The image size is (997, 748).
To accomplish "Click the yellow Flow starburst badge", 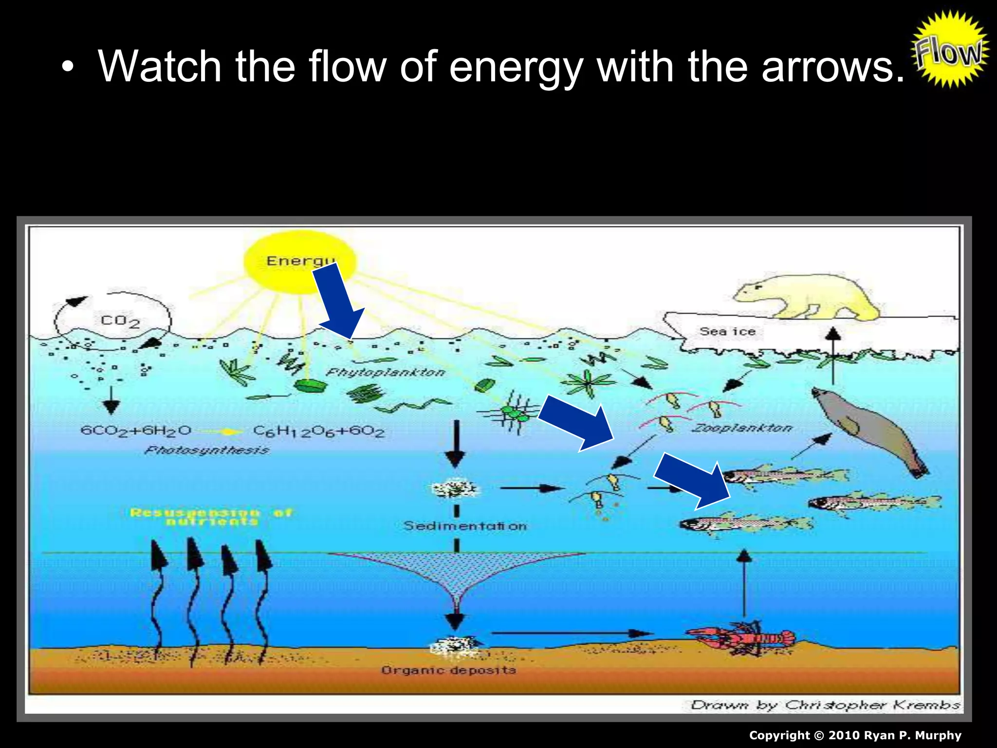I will click(x=950, y=50).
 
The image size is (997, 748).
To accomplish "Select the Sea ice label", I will click(x=727, y=332).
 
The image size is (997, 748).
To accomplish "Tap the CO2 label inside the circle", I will click(x=120, y=321).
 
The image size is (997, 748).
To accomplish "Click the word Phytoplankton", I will click(x=385, y=373).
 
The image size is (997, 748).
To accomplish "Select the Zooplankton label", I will click(x=742, y=428).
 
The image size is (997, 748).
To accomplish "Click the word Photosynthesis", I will click(x=206, y=450).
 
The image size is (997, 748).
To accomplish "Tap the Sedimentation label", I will click(x=465, y=526).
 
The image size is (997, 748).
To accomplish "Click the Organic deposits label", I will click(x=448, y=670).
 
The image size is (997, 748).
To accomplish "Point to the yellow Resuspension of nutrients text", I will click(x=211, y=517).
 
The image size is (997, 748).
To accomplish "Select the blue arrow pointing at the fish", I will click(x=692, y=480).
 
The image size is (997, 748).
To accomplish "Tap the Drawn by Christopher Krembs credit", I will click(x=825, y=705).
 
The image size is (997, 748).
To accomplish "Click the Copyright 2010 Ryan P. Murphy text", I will click(x=855, y=735).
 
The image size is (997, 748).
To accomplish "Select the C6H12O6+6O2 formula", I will click(x=319, y=431).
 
